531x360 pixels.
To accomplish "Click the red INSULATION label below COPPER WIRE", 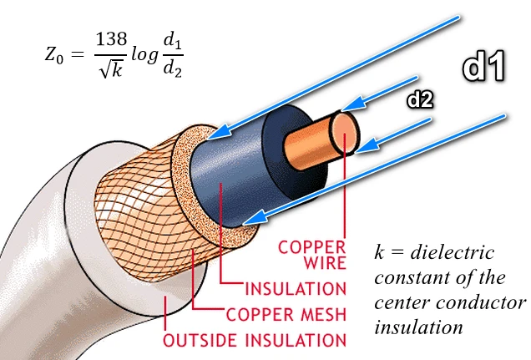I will [x=295, y=289].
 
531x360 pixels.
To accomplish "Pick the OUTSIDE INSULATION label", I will [x=255, y=341].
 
